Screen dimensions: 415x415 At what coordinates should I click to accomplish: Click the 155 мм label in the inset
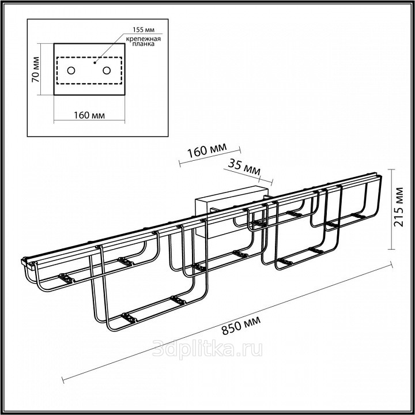(144, 29)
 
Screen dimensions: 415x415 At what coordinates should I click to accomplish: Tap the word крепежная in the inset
(143, 39)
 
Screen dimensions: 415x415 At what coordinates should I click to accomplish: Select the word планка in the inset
(143, 44)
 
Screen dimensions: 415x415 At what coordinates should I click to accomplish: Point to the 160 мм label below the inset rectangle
(89, 115)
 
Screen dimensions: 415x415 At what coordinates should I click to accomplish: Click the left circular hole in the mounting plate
(71, 71)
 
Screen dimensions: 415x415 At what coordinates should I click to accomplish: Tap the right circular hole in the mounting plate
(107, 71)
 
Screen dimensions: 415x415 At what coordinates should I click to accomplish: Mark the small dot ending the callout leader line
(95, 63)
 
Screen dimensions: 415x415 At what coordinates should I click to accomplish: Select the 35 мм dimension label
(244, 167)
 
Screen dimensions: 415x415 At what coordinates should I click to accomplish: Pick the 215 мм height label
(399, 207)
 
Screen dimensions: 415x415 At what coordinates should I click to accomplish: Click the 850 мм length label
(241, 325)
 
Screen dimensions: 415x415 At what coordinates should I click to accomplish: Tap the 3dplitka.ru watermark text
(207, 349)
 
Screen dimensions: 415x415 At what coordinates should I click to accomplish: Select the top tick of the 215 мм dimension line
(392, 169)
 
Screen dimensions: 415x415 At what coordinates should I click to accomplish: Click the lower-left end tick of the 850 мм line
(63, 380)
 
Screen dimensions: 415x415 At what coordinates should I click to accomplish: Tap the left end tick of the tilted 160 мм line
(180, 164)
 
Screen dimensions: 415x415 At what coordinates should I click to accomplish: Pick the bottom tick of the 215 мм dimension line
(392, 249)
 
